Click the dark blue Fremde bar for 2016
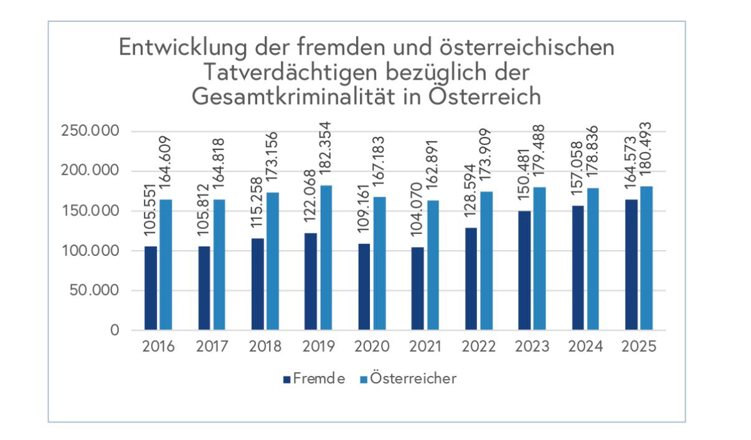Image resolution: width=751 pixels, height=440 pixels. click(x=151, y=288)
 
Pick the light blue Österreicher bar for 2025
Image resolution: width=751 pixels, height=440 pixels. click(x=646, y=258)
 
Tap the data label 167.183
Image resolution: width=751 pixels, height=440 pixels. click(x=379, y=160)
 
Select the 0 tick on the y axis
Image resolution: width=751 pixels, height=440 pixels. click(x=114, y=330)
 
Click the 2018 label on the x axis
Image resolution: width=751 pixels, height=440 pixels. click(x=265, y=347)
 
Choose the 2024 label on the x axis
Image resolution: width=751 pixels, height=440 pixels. click(x=585, y=347)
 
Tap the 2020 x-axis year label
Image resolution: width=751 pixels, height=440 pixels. click(x=371, y=347)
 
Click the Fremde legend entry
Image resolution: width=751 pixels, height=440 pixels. click(x=314, y=378)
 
